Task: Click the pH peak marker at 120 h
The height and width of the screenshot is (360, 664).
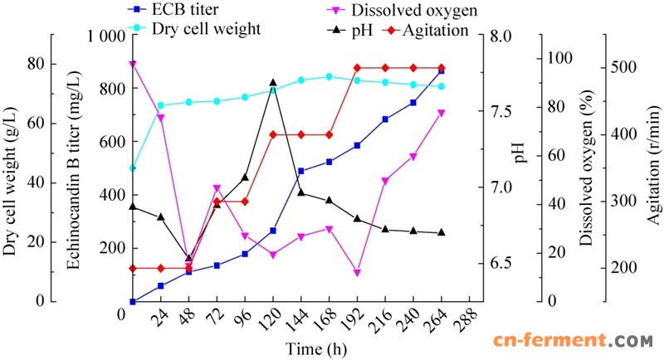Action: (x=273, y=83)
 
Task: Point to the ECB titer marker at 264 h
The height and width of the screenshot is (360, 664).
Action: (x=441, y=71)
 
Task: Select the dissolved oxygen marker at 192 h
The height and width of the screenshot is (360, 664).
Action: (x=357, y=273)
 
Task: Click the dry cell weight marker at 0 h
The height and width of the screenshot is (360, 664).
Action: (x=133, y=168)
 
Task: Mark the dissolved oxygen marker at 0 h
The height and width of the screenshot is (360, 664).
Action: (x=133, y=64)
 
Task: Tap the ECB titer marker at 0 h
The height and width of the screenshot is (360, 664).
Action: (x=133, y=301)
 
